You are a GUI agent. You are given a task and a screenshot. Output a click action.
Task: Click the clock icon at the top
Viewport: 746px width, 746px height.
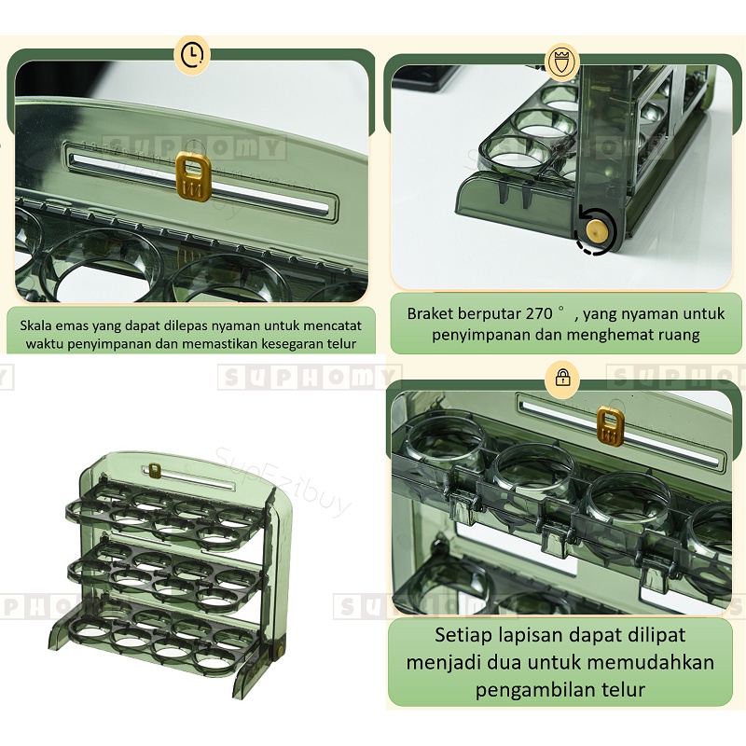click(x=191, y=55)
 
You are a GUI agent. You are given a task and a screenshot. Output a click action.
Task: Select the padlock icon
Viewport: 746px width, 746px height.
click(x=563, y=378)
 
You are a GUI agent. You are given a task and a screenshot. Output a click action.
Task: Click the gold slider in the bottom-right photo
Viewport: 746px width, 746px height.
click(x=610, y=424)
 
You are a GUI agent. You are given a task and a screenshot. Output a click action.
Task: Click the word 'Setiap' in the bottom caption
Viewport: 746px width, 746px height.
click(x=463, y=636)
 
